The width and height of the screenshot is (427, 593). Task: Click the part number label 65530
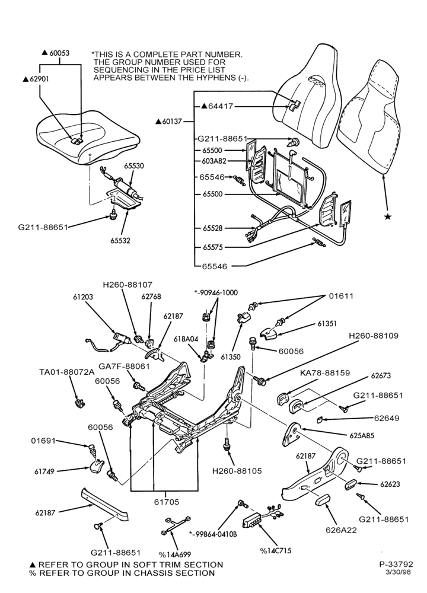click(x=134, y=166)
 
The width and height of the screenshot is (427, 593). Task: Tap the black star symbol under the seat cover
click(x=387, y=216)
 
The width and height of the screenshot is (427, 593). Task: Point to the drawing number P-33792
click(x=396, y=565)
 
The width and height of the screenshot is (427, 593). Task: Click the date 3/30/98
click(x=398, y=572)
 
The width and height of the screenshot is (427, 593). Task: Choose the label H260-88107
click(x=128, y=285)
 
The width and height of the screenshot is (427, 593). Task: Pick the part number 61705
click(x=167, y=502)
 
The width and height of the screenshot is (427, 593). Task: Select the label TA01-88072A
click(x=67, y=372)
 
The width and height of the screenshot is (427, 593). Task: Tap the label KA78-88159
click(x=325, y=372)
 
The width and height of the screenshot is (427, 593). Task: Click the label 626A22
click(x=341, y=530)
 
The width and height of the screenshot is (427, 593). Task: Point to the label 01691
click(x=43, y=441)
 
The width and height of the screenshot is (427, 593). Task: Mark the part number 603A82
click(x=214, y=161)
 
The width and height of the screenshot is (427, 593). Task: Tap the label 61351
click(x=327, y=324)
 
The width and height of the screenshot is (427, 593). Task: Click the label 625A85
click(x=362, y=436)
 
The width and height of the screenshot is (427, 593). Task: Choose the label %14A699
click(x=175, y=555)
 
